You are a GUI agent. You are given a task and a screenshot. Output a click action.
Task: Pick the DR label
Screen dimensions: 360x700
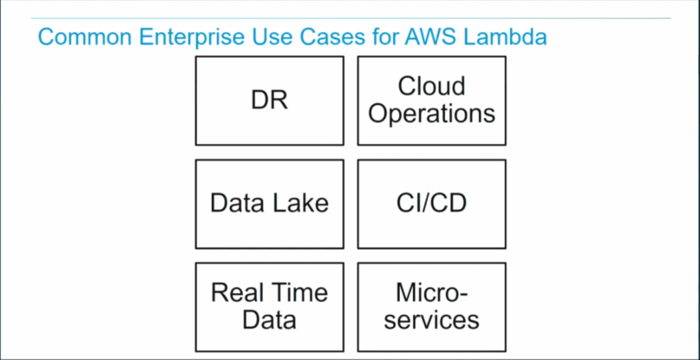click(269, 100)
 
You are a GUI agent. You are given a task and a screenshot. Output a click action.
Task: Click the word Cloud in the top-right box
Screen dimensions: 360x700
click(431, 87)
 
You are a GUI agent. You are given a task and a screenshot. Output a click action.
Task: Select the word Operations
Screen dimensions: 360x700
click(431, 114)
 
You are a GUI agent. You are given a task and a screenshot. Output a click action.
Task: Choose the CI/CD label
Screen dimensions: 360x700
click(431, 203)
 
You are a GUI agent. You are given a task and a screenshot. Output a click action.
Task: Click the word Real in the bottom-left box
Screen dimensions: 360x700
click(237, 292)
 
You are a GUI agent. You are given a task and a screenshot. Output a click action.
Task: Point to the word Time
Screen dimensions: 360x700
click(299, 292)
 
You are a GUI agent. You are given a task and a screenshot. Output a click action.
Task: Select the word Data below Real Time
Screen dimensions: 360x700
click(269, 320)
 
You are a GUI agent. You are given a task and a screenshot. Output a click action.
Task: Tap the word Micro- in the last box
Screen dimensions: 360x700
click(431, 292)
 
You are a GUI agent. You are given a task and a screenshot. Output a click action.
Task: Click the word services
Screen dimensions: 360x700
click(431, 320)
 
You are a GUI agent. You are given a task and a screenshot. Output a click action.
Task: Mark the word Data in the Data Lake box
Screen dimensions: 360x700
click(236, 203)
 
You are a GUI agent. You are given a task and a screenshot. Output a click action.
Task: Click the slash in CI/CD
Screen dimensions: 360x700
click(431, 203)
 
